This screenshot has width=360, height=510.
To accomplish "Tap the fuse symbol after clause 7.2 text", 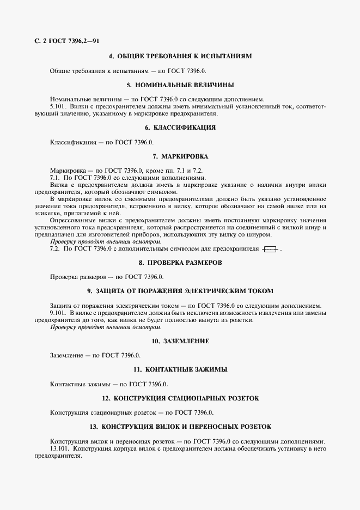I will (x=270, y=249).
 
